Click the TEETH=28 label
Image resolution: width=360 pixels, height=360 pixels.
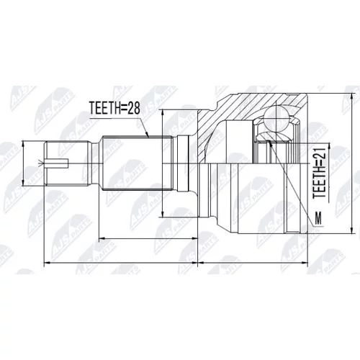pos(114,108)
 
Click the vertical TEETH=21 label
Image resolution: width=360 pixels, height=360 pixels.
pos(320,173)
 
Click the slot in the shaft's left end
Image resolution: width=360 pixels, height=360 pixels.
pos(57,163)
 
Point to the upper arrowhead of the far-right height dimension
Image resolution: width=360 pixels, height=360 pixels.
pos(352,96)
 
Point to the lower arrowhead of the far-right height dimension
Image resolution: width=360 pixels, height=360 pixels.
pos(352,230)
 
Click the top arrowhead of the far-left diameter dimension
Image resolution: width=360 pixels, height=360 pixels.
pos(23,143)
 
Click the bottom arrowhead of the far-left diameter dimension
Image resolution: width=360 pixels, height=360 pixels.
pos(23,183)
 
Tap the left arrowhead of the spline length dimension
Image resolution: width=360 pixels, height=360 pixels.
pos(102,238)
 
